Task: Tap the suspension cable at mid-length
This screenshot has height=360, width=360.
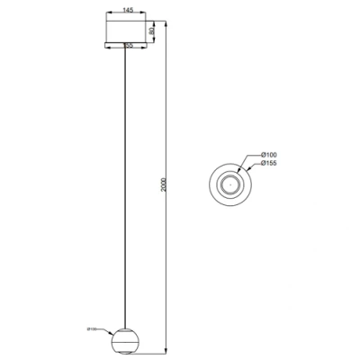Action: coord(124,180)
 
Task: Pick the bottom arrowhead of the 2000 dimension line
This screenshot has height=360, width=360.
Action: coord(167,350)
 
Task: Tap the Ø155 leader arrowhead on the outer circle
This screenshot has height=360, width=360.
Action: coord(240,170)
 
